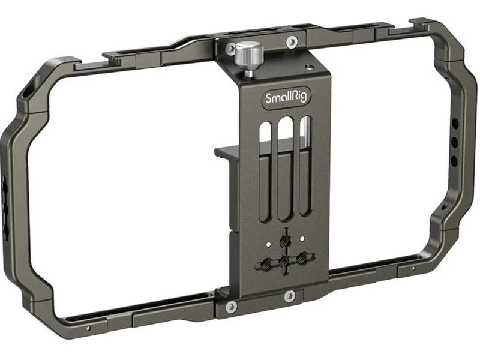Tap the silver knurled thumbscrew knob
[x=249, y=55]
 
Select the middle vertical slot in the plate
[x=285, y=169]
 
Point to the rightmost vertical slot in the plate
[x=305, y=166]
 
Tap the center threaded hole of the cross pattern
[x=284, y=261]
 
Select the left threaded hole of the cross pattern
[x=265, y=262]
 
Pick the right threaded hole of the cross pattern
[x=303, y=257]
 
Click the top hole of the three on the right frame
[x=455, y=124]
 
